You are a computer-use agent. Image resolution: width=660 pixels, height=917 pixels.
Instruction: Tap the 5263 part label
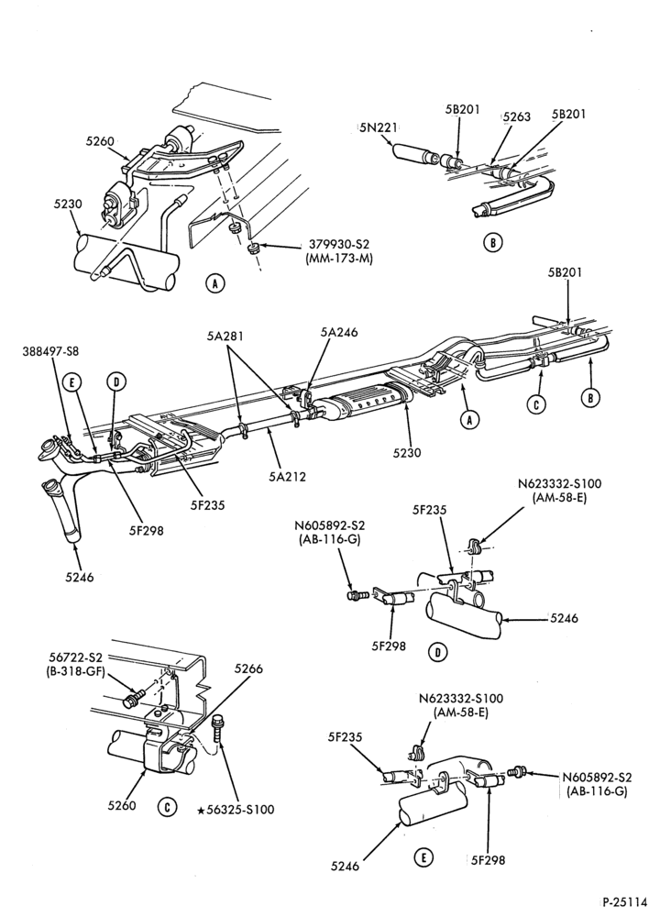(516, 116)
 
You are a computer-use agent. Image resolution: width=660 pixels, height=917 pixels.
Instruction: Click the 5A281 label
(225, 337)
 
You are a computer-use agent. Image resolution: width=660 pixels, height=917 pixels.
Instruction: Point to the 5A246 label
(339, 332)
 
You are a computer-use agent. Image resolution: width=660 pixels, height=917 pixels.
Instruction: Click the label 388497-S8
(50, 351)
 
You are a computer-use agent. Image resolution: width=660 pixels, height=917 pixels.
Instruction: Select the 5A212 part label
(288, 477)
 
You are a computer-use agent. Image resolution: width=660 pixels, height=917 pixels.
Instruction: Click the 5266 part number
(248, 668)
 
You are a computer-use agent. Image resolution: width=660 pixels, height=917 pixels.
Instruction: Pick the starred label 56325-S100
(236, 810)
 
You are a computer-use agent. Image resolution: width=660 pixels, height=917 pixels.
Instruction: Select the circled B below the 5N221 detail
(493, 242)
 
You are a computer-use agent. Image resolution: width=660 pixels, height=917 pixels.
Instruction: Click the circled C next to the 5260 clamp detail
(167, 808)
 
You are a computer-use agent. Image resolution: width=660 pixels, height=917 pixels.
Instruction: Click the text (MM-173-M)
(339, 259)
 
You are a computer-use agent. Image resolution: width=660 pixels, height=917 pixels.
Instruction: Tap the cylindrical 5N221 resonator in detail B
(412, 152)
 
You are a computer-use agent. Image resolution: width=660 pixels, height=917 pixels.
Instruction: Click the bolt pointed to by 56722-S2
(132, 698)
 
